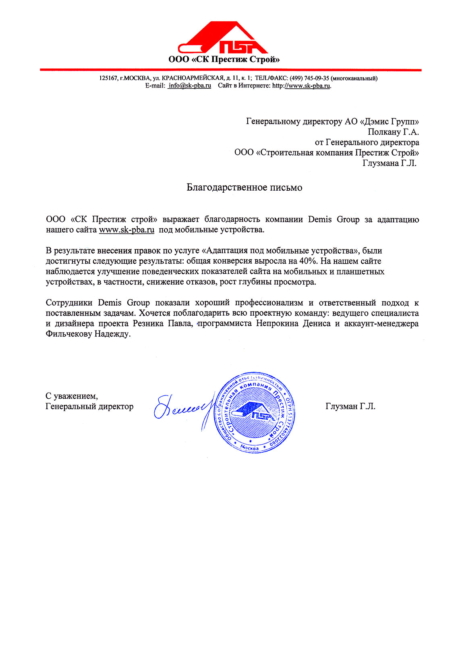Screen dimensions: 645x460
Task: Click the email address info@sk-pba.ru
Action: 190,85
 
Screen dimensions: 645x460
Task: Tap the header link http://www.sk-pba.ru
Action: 301,85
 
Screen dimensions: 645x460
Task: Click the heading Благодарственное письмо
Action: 244,187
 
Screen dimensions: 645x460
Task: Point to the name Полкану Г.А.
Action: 393,132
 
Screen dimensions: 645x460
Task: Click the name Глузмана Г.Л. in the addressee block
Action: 390,163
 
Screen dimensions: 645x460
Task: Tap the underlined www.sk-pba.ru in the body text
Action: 126,230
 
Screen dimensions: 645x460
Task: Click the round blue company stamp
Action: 255,412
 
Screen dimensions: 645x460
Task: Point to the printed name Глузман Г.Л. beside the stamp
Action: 350,406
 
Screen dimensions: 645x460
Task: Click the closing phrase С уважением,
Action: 71,396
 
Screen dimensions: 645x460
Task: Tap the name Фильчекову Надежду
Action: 88,334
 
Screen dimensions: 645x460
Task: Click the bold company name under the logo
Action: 224,60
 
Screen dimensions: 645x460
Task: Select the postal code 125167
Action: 108,78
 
